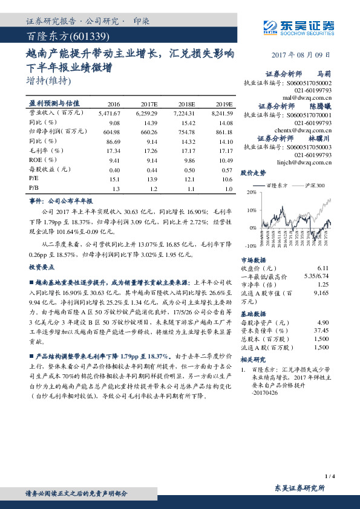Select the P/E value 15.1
(114, 180)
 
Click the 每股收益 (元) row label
(47, 170)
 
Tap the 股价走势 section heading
(253, 173)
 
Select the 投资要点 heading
(41, 267)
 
